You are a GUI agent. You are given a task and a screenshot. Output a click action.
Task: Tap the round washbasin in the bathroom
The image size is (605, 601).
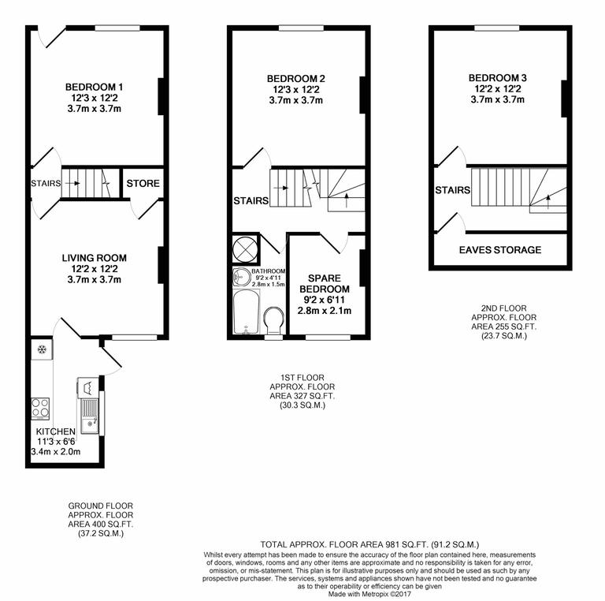tap(241, 277)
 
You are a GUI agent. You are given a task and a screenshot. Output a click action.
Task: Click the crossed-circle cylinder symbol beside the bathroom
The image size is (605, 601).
tap(244, 248)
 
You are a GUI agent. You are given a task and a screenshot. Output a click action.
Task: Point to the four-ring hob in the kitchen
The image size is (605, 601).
tap(39, 408)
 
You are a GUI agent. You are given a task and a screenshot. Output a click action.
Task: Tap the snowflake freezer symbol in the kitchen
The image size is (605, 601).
tap(41, 349)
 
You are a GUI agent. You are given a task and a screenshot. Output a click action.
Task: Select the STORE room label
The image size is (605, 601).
tap(143, 184)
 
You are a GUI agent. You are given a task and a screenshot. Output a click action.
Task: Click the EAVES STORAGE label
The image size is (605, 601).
tap(500, 250)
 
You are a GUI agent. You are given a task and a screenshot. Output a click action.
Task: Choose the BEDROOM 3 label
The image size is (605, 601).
tap(497, 78)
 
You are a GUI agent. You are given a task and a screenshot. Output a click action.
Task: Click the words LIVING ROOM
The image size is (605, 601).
tap(95, 258)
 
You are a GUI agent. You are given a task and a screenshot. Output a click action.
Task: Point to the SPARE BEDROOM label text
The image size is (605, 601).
tap(324, 284)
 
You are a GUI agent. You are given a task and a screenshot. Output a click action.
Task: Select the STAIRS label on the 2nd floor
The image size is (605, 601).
tap(453, 190)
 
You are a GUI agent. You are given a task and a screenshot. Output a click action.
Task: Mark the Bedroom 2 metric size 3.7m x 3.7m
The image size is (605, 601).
tap(295, 100)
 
